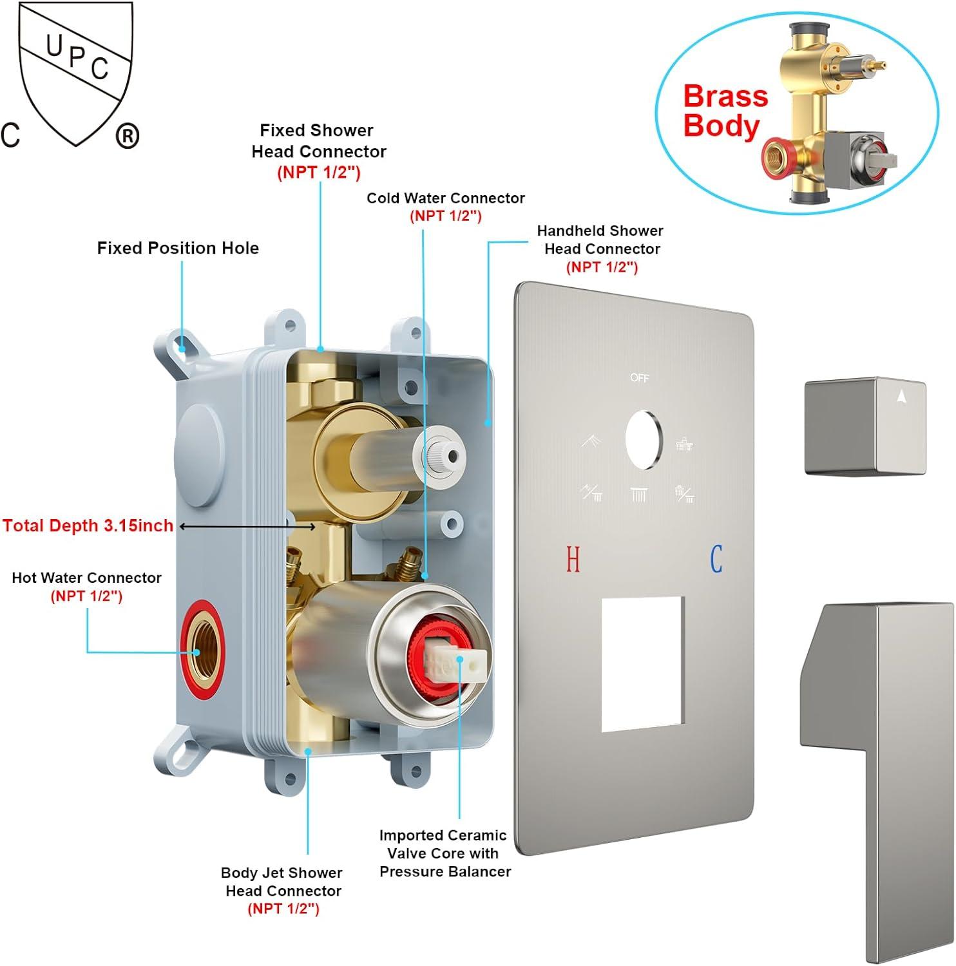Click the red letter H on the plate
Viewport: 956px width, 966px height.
click(573, 559)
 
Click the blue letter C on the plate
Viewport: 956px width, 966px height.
click(716, 559)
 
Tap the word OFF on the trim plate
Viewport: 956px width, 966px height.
click(640, 378)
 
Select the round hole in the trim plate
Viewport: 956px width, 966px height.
click(644, 440)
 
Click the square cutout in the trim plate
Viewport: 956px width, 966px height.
click(642, 664)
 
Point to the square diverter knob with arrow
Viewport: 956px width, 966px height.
click(865, 426)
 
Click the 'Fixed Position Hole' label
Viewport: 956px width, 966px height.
click(178, 248)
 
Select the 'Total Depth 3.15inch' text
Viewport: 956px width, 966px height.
click(88, 526)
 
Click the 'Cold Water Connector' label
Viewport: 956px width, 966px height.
click(446, 198)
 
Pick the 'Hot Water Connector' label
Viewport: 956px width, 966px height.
click(86, 578)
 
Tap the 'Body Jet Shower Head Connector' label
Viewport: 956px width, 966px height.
click(282, 882)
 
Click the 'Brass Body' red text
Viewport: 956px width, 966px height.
click(725, 111)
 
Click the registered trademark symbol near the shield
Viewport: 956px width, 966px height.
click(127, 136)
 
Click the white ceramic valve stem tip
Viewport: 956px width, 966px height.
click(469, 663)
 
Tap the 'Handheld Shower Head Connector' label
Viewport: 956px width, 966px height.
click(600, 240)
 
